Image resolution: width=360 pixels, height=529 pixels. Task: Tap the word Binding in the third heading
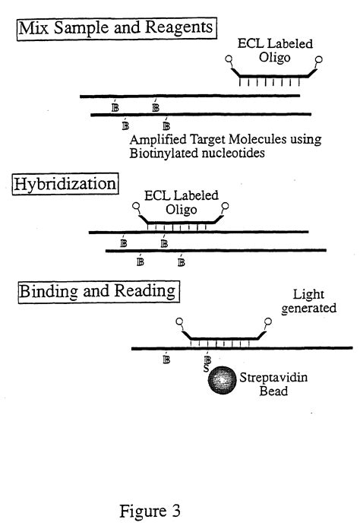[46, 291]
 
